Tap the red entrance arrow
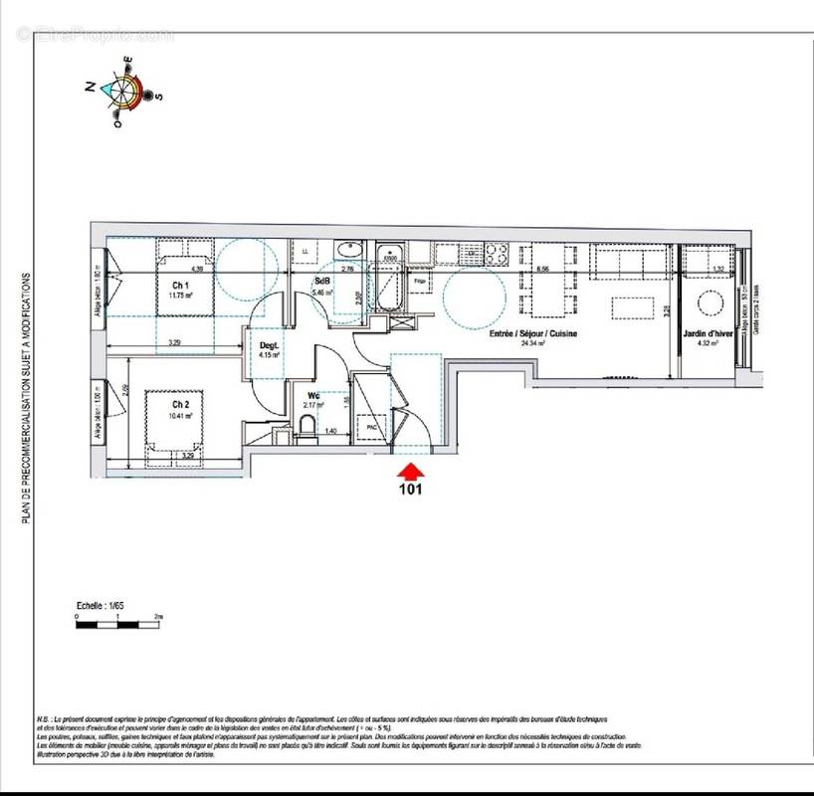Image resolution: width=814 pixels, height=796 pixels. (410, 469)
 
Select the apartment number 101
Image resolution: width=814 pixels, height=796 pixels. (411, 490)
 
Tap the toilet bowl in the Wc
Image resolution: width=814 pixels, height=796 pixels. (307, 430)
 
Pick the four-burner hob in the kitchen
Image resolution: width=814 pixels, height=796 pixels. (498, 253)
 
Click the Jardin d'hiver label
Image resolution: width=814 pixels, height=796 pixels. (709, 334)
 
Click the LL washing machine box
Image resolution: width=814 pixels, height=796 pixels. (305, 255)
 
